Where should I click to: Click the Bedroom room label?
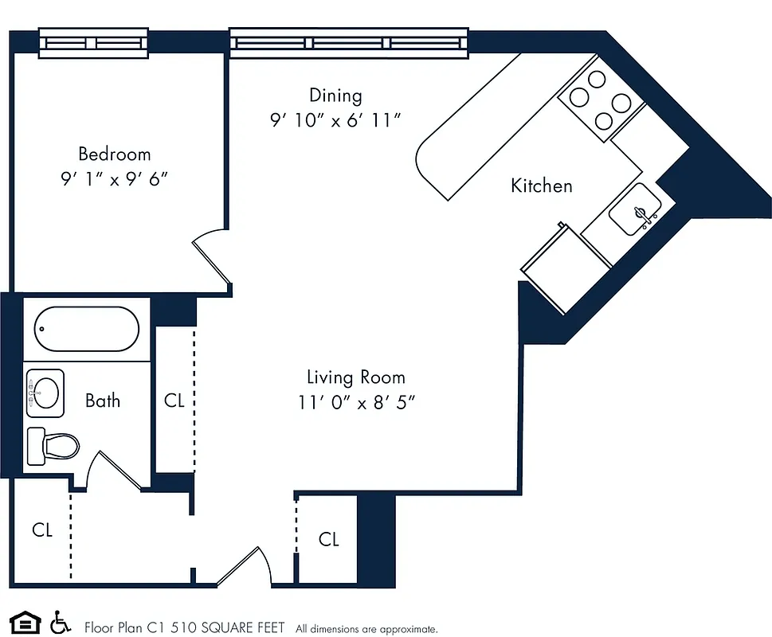pyautogui.click(x=114, y=154)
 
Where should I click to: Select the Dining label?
pyautogui.click(x=335, y=96)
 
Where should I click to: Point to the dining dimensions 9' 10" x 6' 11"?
pyautogui.click(x=335, y=120)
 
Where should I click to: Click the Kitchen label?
pyautogui.click(x=541, y=186)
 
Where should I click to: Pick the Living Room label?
pyautogui.click(x=356, y=377)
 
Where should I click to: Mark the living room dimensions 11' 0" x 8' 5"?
pyautogui.click(x=357, y=403)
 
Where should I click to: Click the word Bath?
pyautogui.click(x=103, y=400)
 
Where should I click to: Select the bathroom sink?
pyautogui.click(x=45, y=392)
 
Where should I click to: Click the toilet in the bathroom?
pyautogui.click(x=54, y=445)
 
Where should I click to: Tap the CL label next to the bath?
pyautogui.click(x=174, y=401)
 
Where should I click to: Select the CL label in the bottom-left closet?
pyautogui.click(x=42, y=530)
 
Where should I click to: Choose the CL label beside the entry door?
pyautogui.click(x=328, y=540)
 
